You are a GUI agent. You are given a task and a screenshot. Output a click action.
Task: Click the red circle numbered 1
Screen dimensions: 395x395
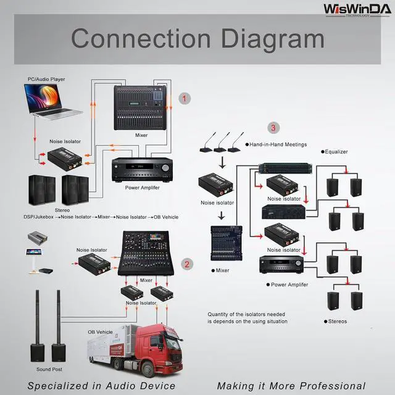[184, 98]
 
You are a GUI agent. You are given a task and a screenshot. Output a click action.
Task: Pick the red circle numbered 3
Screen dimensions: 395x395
[273, 128]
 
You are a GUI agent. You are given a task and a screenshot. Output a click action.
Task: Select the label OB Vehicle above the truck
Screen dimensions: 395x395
[100, 332]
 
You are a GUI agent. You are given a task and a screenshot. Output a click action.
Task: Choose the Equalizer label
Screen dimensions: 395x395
[336, 151]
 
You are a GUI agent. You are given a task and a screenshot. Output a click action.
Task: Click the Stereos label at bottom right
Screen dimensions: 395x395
[337, 321]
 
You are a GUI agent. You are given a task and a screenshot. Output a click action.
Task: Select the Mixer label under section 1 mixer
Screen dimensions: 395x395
[141, 135]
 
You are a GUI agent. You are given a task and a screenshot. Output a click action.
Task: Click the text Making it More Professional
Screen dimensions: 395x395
[291, 386]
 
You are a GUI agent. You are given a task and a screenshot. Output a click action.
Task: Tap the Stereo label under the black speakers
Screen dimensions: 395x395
[62, 210]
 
